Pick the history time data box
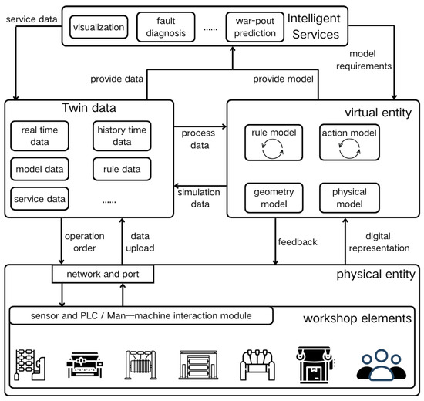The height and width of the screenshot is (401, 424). click(x=121, y=137)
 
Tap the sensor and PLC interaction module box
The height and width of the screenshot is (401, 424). click(x=142, y=315)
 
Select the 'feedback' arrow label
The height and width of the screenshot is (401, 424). click(x=297, y=242)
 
